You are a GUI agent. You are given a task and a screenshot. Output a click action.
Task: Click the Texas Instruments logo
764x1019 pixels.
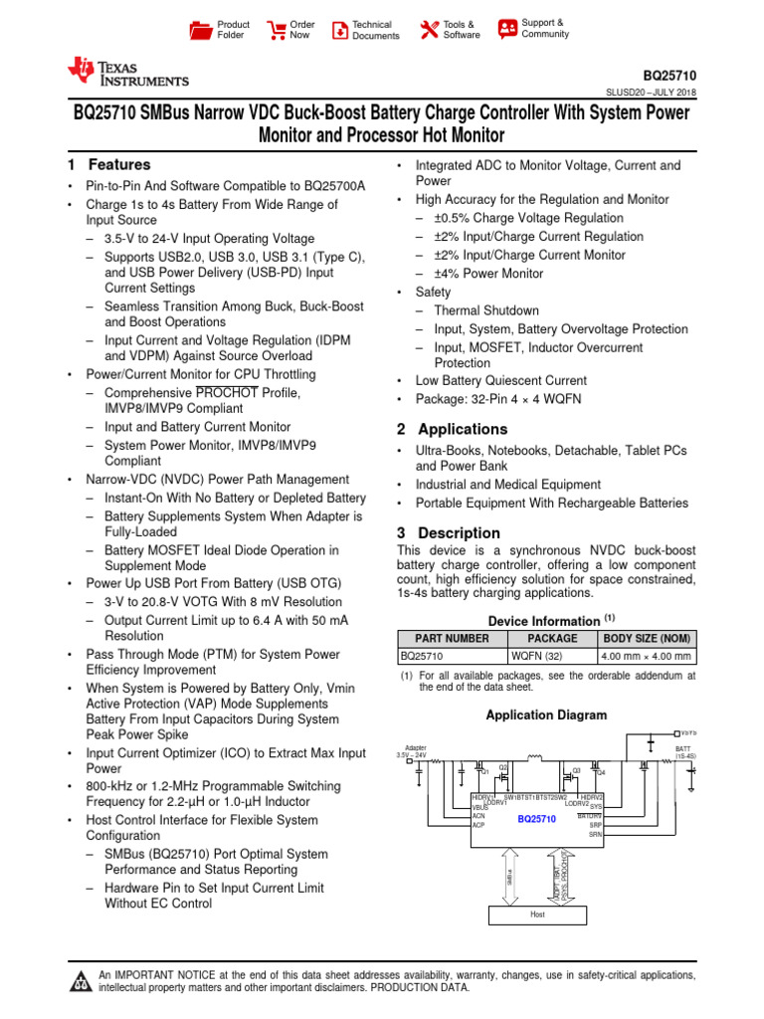126,72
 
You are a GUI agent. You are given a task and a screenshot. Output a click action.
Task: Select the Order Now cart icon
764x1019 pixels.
278,30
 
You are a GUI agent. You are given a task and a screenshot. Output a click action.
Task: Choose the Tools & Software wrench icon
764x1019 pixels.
430,30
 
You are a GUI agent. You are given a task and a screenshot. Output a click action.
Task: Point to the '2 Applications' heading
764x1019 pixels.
453,430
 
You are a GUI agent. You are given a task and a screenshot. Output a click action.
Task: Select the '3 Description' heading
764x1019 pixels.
449,533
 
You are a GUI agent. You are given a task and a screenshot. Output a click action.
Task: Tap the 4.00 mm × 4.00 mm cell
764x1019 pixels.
647,657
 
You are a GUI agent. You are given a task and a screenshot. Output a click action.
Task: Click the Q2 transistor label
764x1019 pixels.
503,767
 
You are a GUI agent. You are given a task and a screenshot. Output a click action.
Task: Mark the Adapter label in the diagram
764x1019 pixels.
416,747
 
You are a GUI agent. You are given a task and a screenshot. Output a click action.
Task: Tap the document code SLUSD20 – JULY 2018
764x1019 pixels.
651,93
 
